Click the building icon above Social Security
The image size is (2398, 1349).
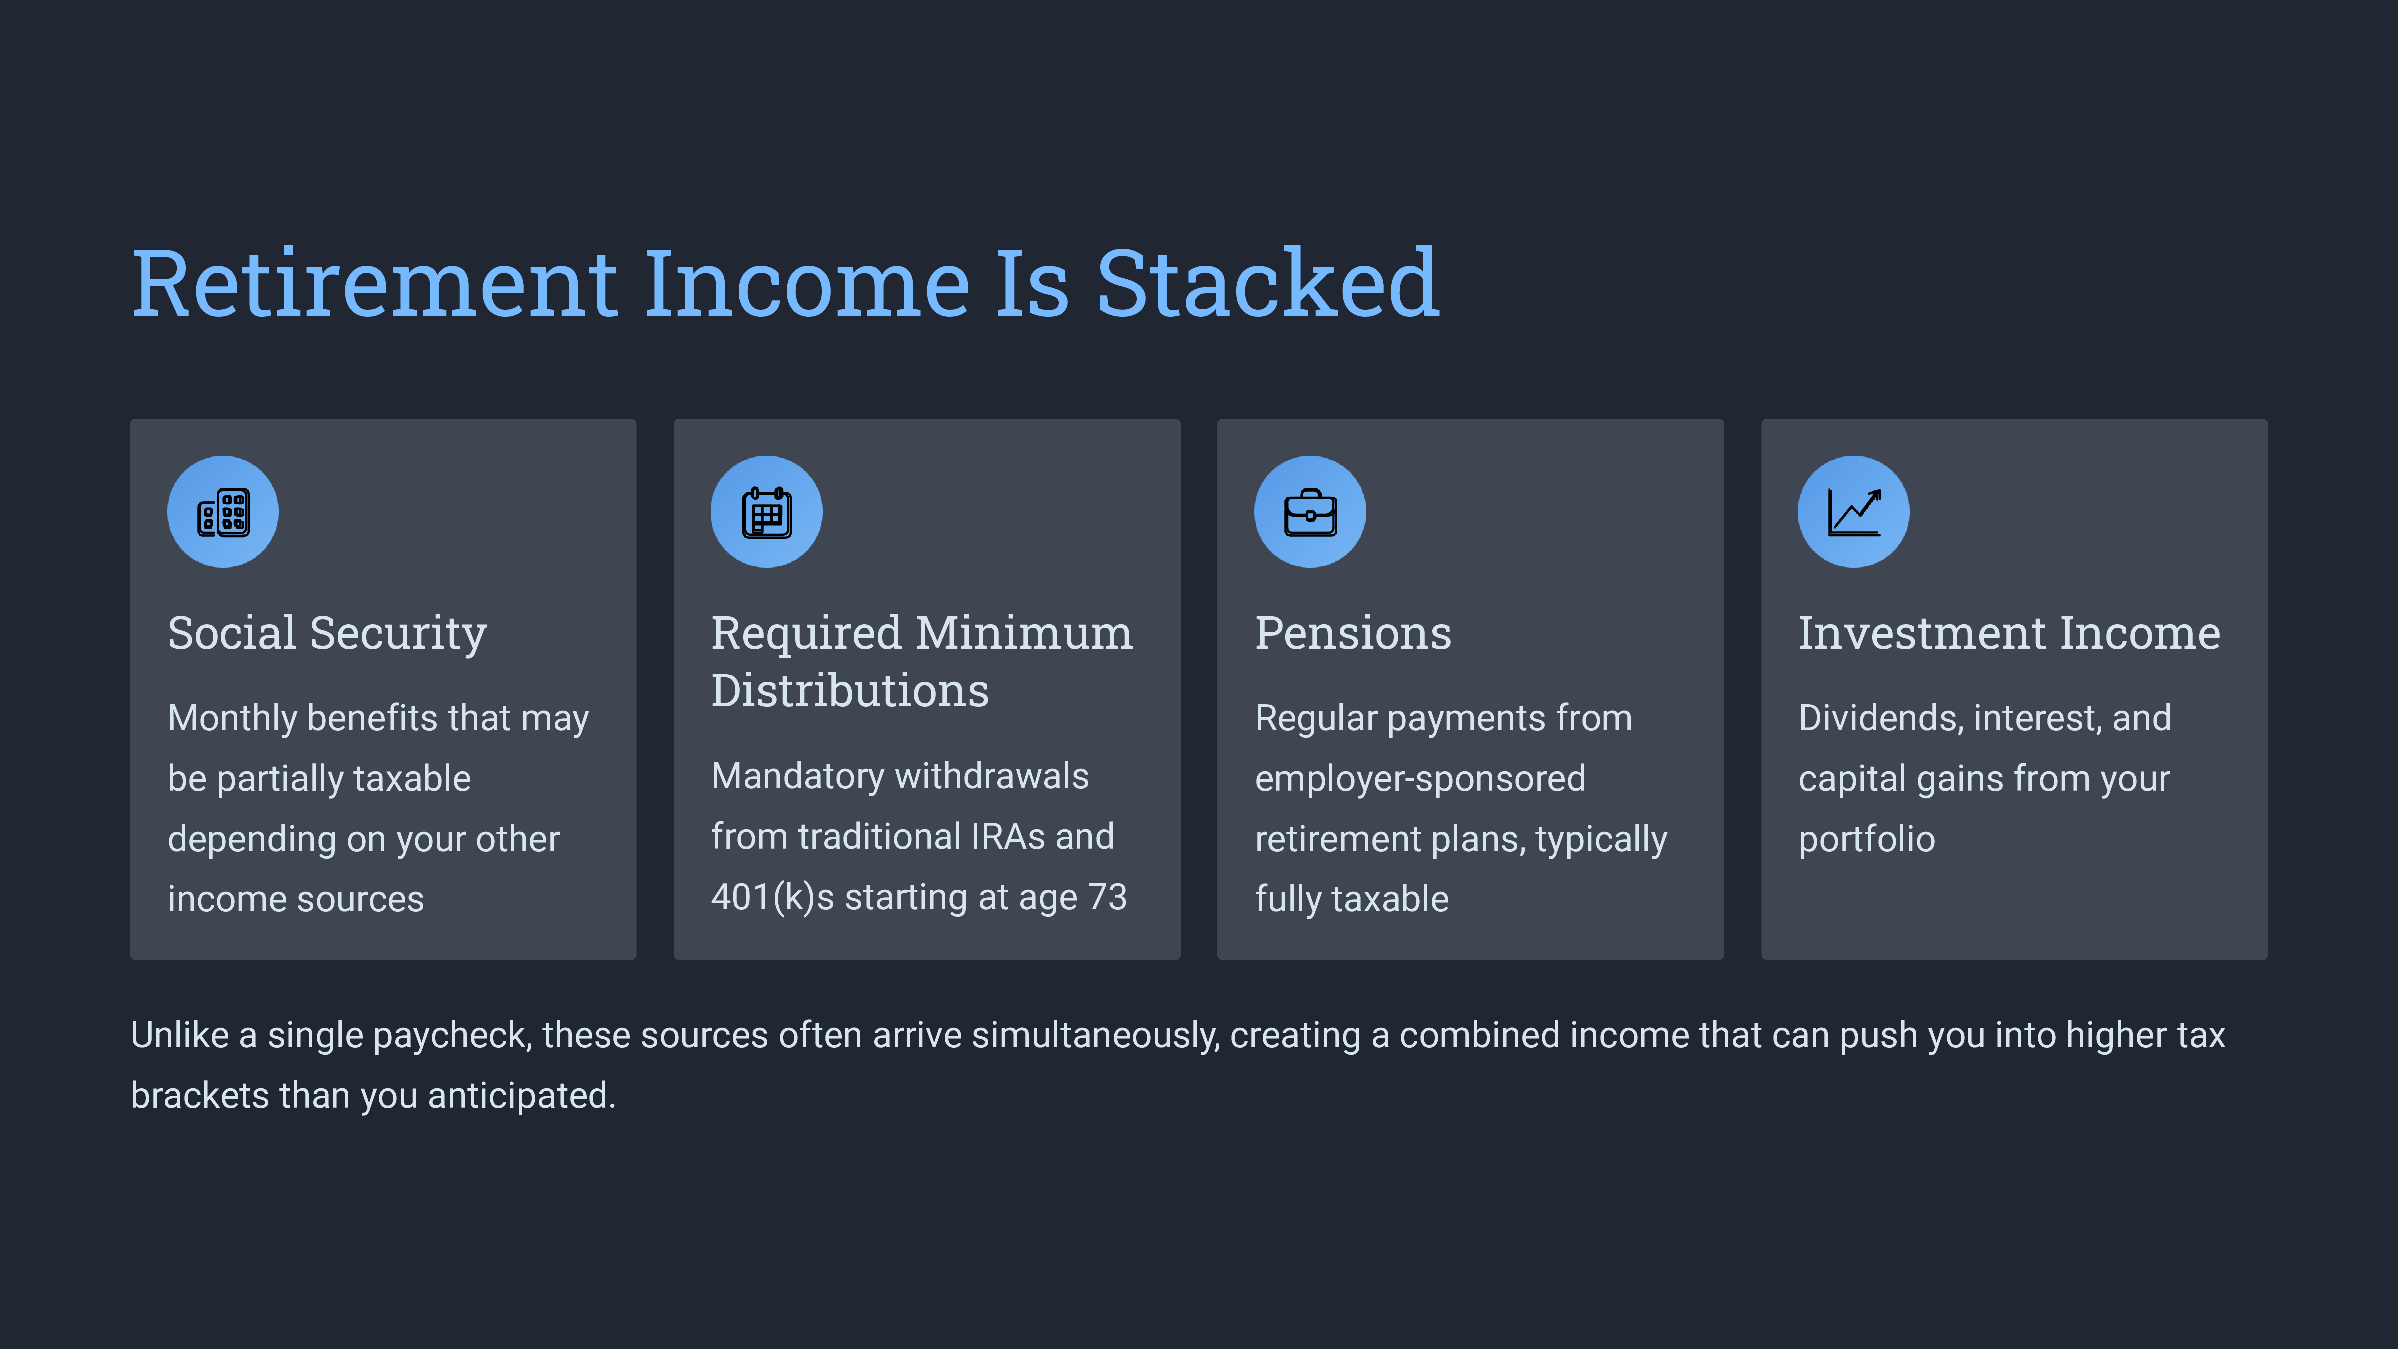[x=223, y=512]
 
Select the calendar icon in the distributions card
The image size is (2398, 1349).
[x=767, y=512]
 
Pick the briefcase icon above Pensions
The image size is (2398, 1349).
[x=1311, y=512]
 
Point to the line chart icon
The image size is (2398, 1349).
[x=1854, y=512]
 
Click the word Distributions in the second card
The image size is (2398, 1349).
[x=850, y=691]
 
